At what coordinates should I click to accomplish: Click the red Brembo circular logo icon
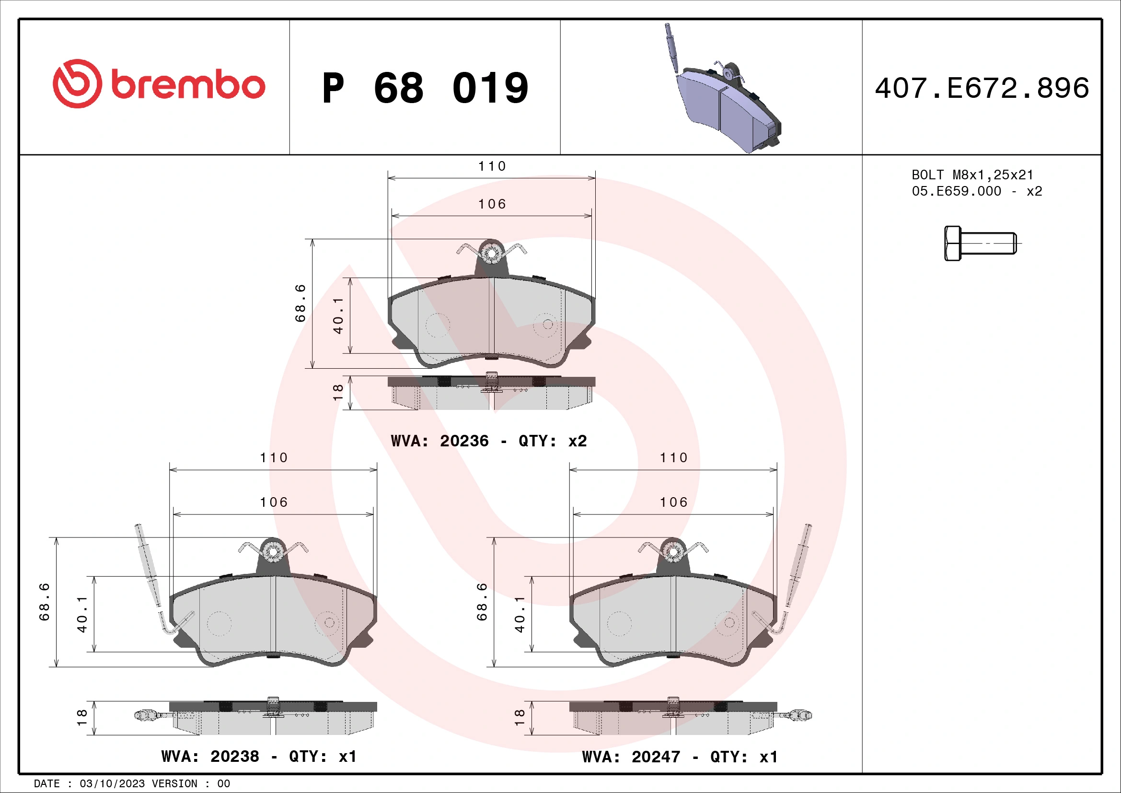pos(77,83)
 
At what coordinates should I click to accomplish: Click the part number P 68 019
pos(425,88)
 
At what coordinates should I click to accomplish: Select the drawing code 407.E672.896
pos(982,88)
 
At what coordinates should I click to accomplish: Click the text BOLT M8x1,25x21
pos(972,175)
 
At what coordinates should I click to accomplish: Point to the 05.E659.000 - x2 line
pos(976,191)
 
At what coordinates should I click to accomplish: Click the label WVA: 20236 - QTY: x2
pos(488,441)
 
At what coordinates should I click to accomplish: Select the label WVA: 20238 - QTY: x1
pos(259,757)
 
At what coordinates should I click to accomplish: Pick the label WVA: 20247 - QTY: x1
pos(679,757)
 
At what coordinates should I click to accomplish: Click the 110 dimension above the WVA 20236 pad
pos(492,166)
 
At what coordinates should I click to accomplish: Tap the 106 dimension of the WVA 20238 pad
pos(273,502)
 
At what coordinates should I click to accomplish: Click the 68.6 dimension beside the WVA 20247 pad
pos(481,602)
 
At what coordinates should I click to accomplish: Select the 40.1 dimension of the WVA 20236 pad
pos(338,316)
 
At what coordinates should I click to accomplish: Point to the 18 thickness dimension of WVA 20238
pos(81,717)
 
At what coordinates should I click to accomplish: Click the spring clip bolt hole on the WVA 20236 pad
pos(491,253)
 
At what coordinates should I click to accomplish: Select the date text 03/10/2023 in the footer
pos(112,784)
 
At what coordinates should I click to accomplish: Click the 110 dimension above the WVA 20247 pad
pos(673,458)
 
